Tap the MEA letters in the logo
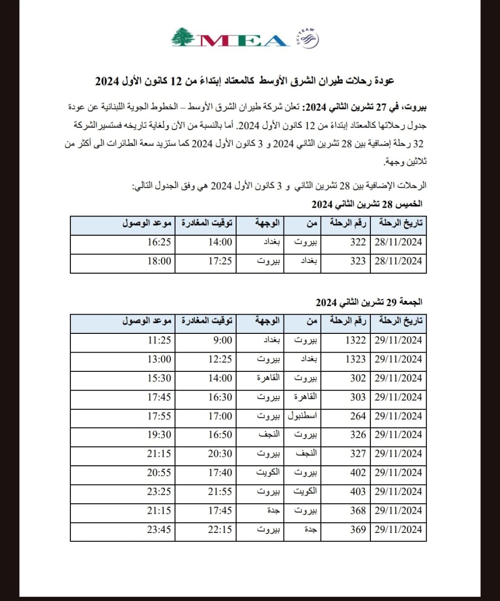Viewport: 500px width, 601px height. click(x=242, y=40)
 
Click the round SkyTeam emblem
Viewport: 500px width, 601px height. click(x=308, y=39)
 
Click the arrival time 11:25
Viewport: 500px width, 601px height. click(x=159, y=340)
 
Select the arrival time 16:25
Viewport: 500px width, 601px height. click(x=159, y=242)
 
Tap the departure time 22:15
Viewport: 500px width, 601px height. click(x=220, y=530)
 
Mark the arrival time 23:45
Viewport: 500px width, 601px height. click(x=159, y=530)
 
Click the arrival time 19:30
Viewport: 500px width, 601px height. click(x=159, y=435)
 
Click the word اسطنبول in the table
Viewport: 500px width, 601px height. click(x=302, y=416)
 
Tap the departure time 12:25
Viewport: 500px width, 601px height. click(x=220, y=359)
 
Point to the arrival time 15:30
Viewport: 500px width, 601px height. click(x=159, y=378)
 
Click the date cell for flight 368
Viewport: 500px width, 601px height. click(x=398, y=510)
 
